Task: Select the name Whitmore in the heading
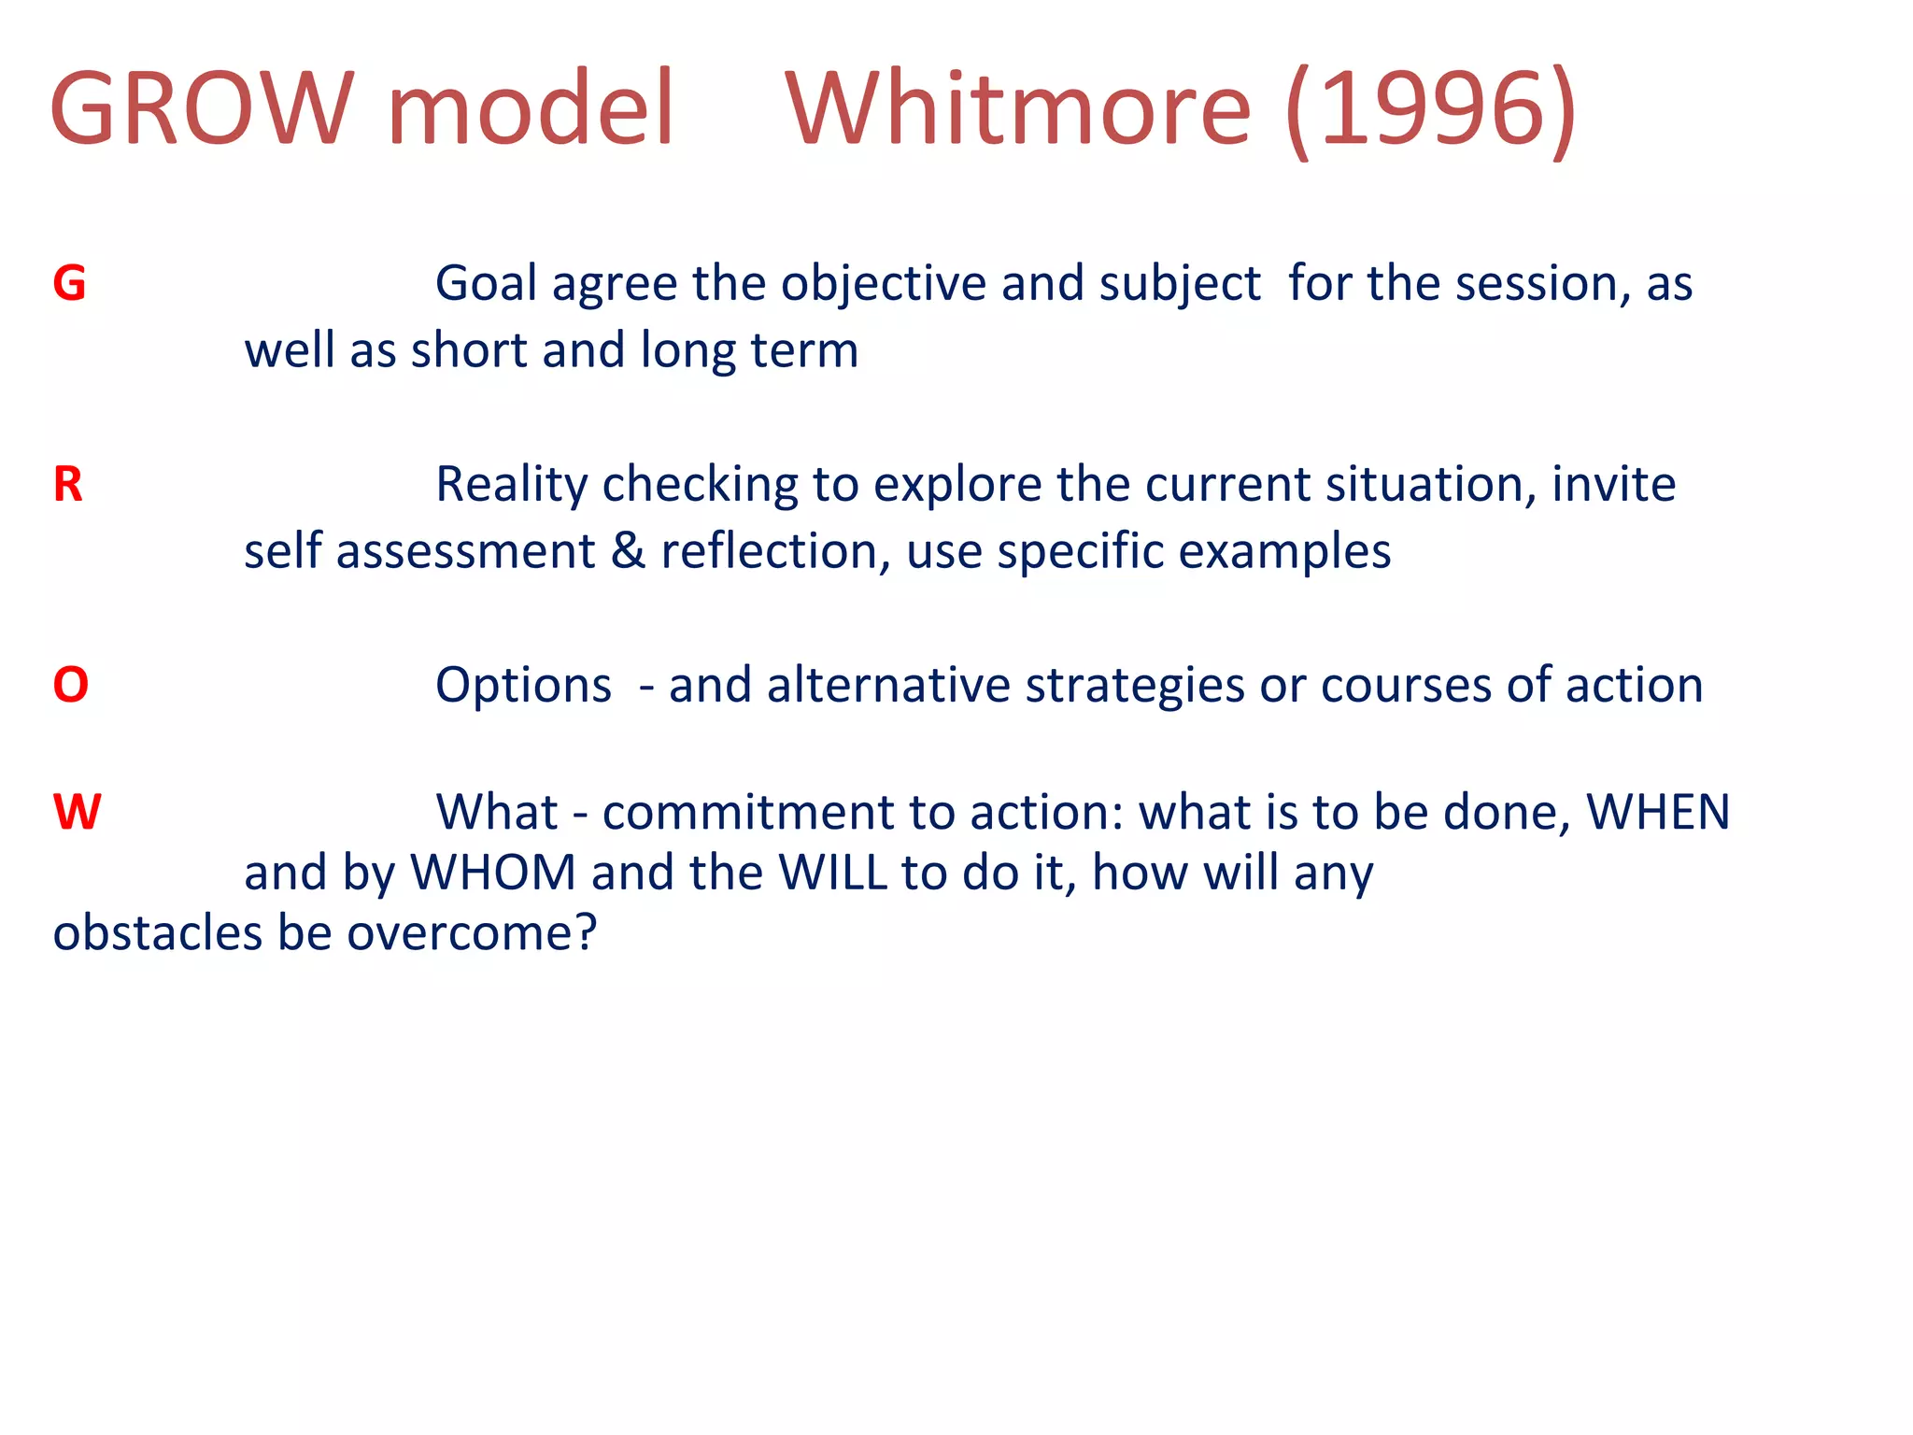tap(1018, 109)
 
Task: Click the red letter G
tap(69, 283)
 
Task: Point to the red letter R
tap(68, 484)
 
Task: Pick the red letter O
tap(71, 685)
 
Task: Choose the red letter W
tap(77, 811)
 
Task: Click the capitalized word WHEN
tap(1659, 811)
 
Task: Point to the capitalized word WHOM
tap(493, 873)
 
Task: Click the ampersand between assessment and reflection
tap(628, 551)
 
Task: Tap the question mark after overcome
tap(586, 932)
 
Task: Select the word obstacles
tap(157, 932)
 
